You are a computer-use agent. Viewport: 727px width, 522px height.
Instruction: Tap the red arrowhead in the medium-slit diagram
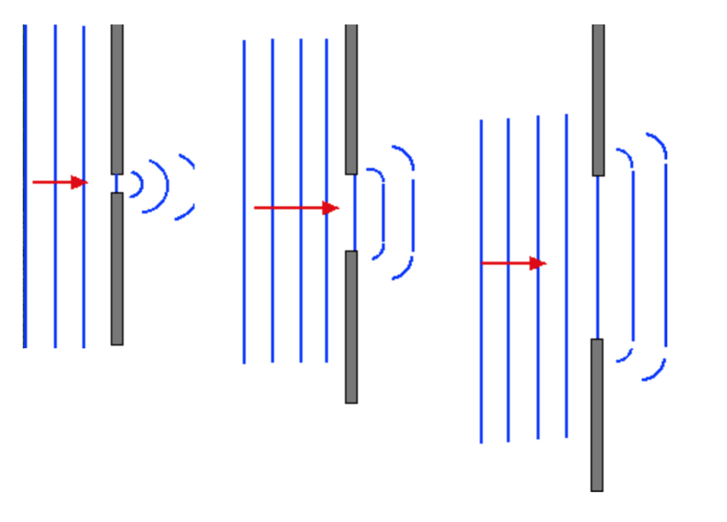tap(331, 208)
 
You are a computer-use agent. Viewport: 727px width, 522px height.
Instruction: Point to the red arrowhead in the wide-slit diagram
tap(538, 264)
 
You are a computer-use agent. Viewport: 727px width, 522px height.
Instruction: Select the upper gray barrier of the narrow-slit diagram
tap(117, 99)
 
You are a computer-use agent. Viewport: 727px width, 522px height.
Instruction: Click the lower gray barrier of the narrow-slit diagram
tap(117, 269)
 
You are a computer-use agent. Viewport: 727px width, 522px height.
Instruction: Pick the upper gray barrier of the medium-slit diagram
tap(351, 99)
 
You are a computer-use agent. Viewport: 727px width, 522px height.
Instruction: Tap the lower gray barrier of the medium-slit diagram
tap(351, 327)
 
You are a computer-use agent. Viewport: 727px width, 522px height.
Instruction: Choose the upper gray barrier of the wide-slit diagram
tap(598, 100)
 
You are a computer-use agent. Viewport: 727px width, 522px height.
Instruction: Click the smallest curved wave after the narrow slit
tap(140, 184)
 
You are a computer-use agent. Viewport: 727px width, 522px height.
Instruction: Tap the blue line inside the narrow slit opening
tap(117, 184)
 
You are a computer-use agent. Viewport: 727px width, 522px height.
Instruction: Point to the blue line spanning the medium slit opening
tap(354, 213)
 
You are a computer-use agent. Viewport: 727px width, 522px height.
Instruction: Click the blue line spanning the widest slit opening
tap(598, 257)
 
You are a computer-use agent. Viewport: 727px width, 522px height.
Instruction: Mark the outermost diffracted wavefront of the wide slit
tap(665, 257)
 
